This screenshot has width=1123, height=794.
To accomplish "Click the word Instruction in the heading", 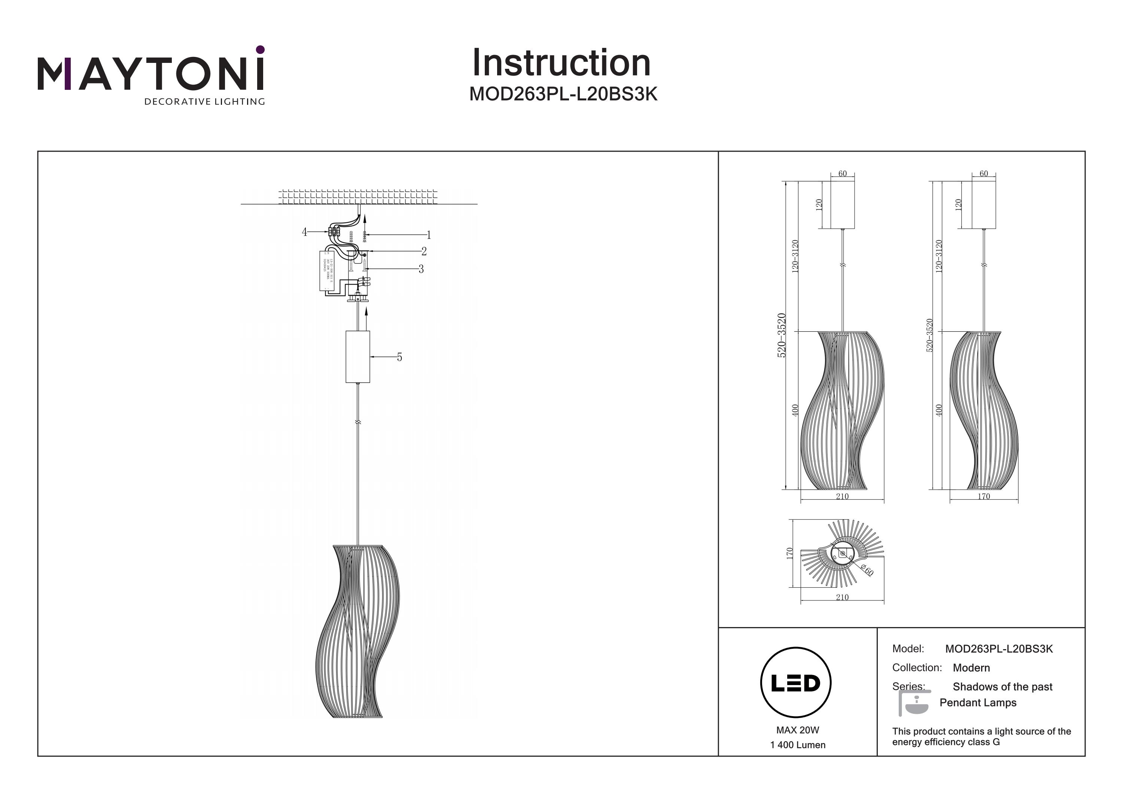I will click(x=561, y=63).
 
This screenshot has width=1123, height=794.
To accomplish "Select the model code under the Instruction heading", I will click(x=563, y=94).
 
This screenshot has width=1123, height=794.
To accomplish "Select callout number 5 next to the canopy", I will click(x=400, y=358).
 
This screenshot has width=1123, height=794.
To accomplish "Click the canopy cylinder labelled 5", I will click(x=357, y=357).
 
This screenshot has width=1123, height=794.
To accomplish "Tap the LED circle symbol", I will click(x=796, y=683).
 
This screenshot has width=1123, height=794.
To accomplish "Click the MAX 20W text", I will click(x=797, y=730).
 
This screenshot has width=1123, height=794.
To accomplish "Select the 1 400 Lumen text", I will click(x=798, y=745).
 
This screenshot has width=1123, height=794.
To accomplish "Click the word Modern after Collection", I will click(x=971, y=668).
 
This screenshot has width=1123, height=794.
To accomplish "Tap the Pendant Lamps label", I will click(x=978, y=703).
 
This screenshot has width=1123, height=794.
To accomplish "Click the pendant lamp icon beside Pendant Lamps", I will click(x=914, y=703).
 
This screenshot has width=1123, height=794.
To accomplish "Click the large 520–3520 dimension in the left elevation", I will click(x=782, y=335).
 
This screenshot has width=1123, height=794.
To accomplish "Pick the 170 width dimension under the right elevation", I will click(x=984, y=496).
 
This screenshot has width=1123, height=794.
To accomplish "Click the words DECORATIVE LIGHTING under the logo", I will click(x=204, y=102).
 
